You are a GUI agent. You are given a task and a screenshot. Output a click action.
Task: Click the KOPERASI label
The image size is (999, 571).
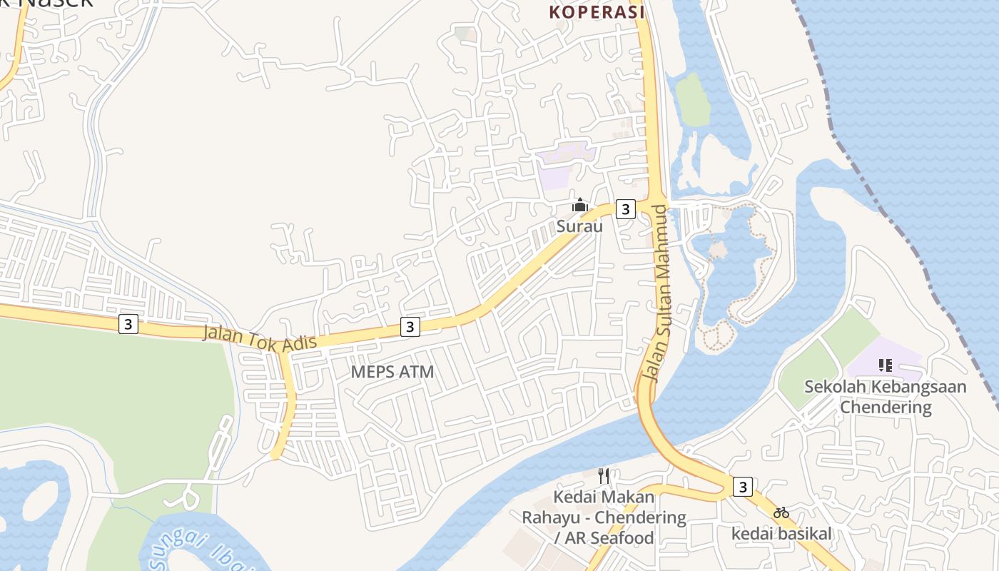[597, 12]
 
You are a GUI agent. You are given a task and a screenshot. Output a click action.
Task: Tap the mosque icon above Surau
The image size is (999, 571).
[579, 206]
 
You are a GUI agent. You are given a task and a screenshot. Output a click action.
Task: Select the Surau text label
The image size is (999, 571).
[579, 226]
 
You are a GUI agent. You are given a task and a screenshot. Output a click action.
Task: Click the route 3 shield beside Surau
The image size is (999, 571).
[625, 208]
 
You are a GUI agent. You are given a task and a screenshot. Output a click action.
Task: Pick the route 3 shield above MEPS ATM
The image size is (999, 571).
[410, 326]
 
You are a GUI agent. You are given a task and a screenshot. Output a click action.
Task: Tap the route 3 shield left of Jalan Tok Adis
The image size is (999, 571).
[128, 324]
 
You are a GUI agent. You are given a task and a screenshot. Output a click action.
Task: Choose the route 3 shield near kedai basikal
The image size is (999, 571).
[743, 487]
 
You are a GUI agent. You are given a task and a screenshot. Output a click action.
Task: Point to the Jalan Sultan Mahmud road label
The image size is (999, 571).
[656, 293]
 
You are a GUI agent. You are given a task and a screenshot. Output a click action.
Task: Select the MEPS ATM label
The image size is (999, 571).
[392, 371]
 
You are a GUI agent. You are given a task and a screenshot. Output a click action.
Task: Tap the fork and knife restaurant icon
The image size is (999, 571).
[604, 475]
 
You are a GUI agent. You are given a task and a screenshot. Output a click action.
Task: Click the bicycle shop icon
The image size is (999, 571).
[781, 512]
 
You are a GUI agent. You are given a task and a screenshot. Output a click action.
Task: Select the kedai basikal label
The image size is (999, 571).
[782, 533]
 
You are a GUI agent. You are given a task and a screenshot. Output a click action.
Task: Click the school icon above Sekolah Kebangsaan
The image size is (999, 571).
[886, 365]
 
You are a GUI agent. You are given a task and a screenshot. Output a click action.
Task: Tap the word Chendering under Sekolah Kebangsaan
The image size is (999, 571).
[886, 408]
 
